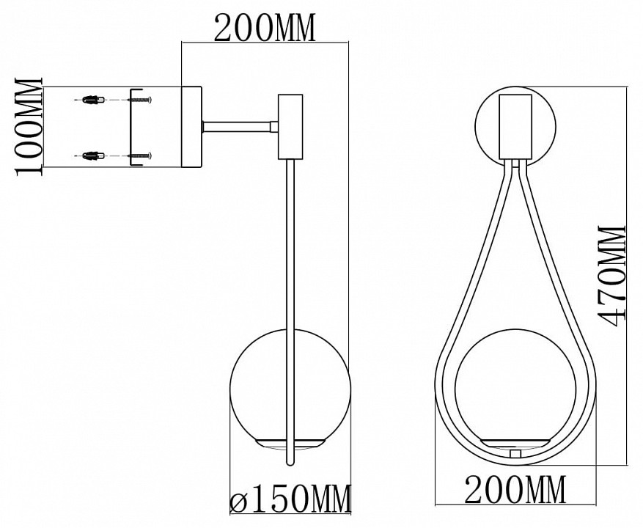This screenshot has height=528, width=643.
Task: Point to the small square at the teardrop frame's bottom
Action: (515, 453)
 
